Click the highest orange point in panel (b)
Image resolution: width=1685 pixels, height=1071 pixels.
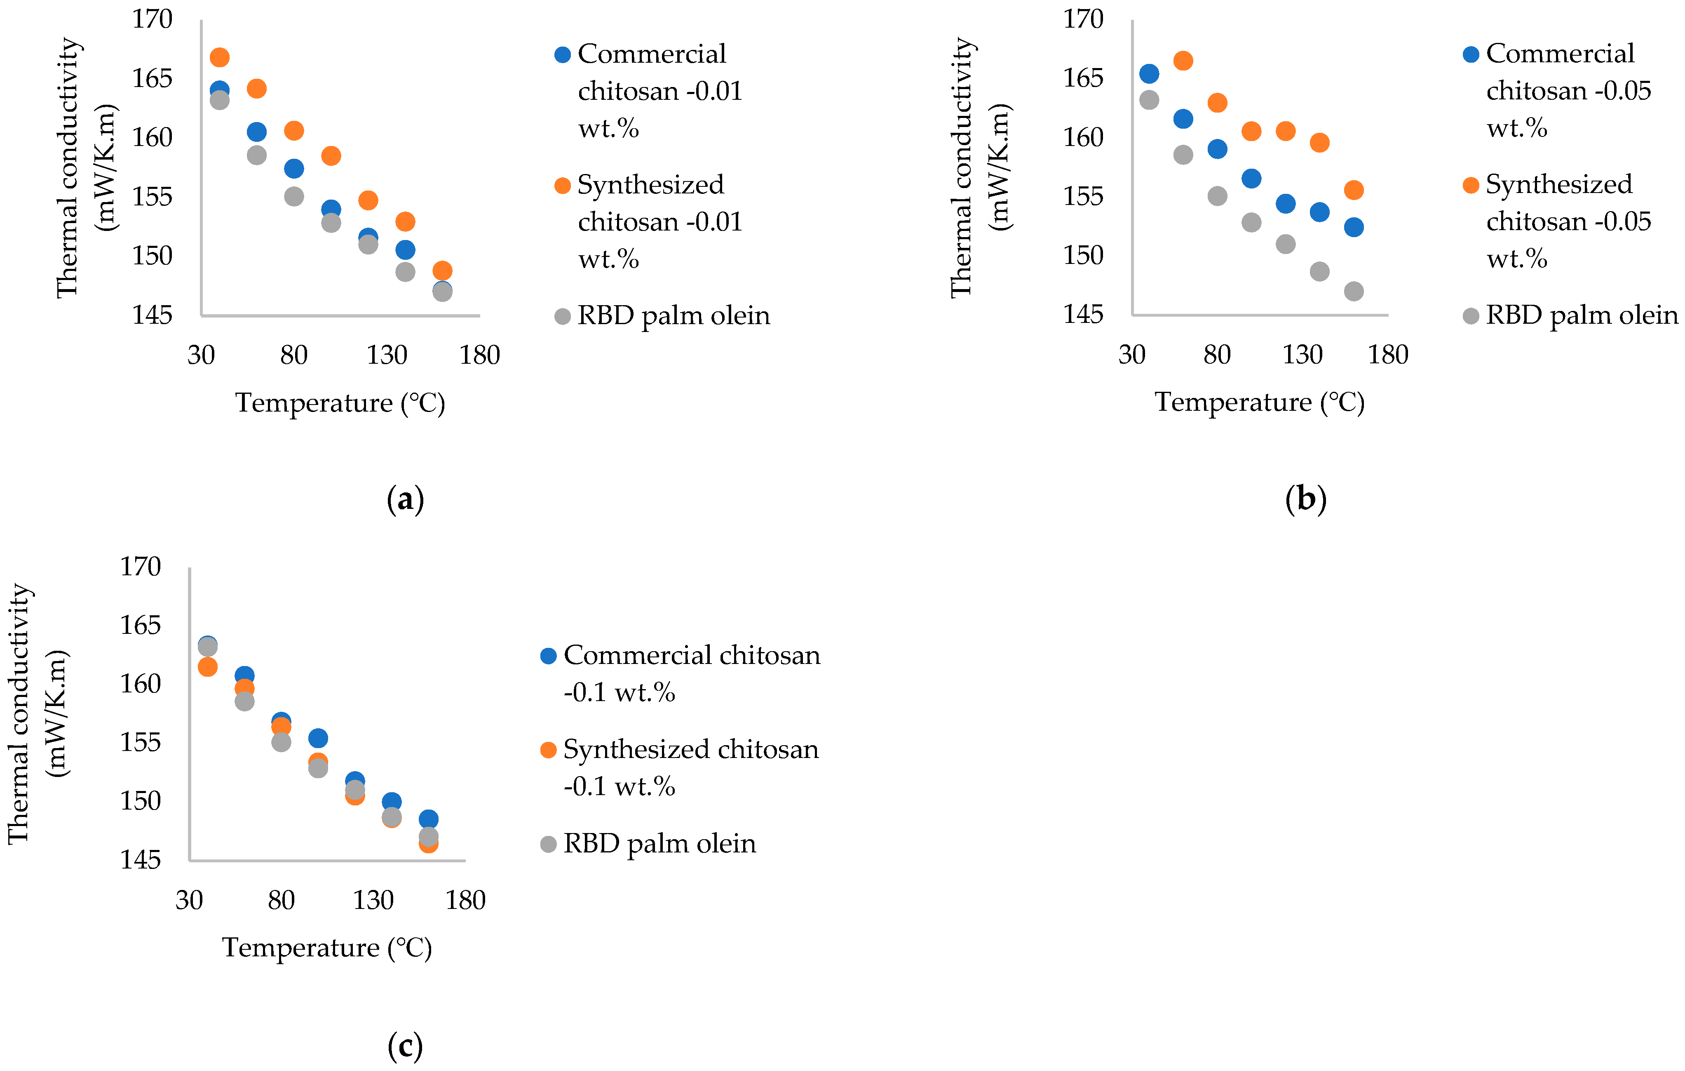click(x=1183, y=61)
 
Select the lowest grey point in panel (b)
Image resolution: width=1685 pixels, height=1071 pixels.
click(x=1353, y=291)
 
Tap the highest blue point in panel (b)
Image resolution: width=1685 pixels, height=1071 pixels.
click(x=1149, y=73)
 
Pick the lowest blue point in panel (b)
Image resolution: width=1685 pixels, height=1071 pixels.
click(x=1353, y=227)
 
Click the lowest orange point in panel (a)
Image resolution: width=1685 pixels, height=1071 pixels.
click(x=442, y=270)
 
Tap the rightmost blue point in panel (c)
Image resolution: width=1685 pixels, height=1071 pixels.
click(x=428, y=819)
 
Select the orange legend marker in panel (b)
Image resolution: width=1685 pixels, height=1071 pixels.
click(x=1471, y=185)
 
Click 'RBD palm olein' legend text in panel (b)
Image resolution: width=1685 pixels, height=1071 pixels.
click(x=1582, y=315)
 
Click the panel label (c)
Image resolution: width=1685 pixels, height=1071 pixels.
click(x=405, y=1046)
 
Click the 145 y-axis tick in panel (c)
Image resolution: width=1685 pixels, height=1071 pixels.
click(x=141, y=859)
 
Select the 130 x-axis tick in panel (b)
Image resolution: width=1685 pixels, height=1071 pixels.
click(x=1302, y=355)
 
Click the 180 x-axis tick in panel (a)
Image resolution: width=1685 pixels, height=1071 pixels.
click(x=479, y=355)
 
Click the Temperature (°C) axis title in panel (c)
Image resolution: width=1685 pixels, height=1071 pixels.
click(x=327, y=947)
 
